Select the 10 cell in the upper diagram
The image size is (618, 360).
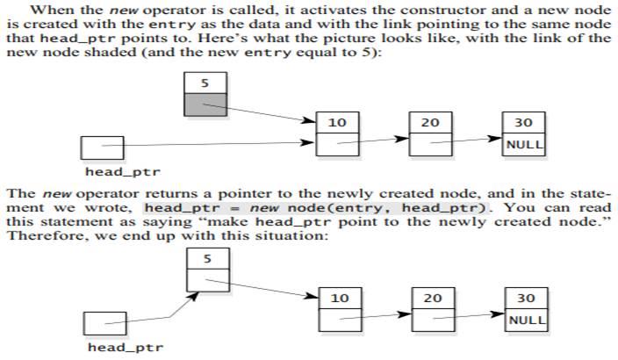point(337,122)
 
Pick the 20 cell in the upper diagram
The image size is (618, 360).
point(430,122)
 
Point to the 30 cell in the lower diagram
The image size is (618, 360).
point(526,298)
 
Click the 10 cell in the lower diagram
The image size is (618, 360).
point(339,298)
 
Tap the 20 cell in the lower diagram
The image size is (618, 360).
point(432,298)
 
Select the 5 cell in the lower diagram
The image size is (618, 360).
point(208,259)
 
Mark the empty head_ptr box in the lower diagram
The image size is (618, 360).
point(104,322)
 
